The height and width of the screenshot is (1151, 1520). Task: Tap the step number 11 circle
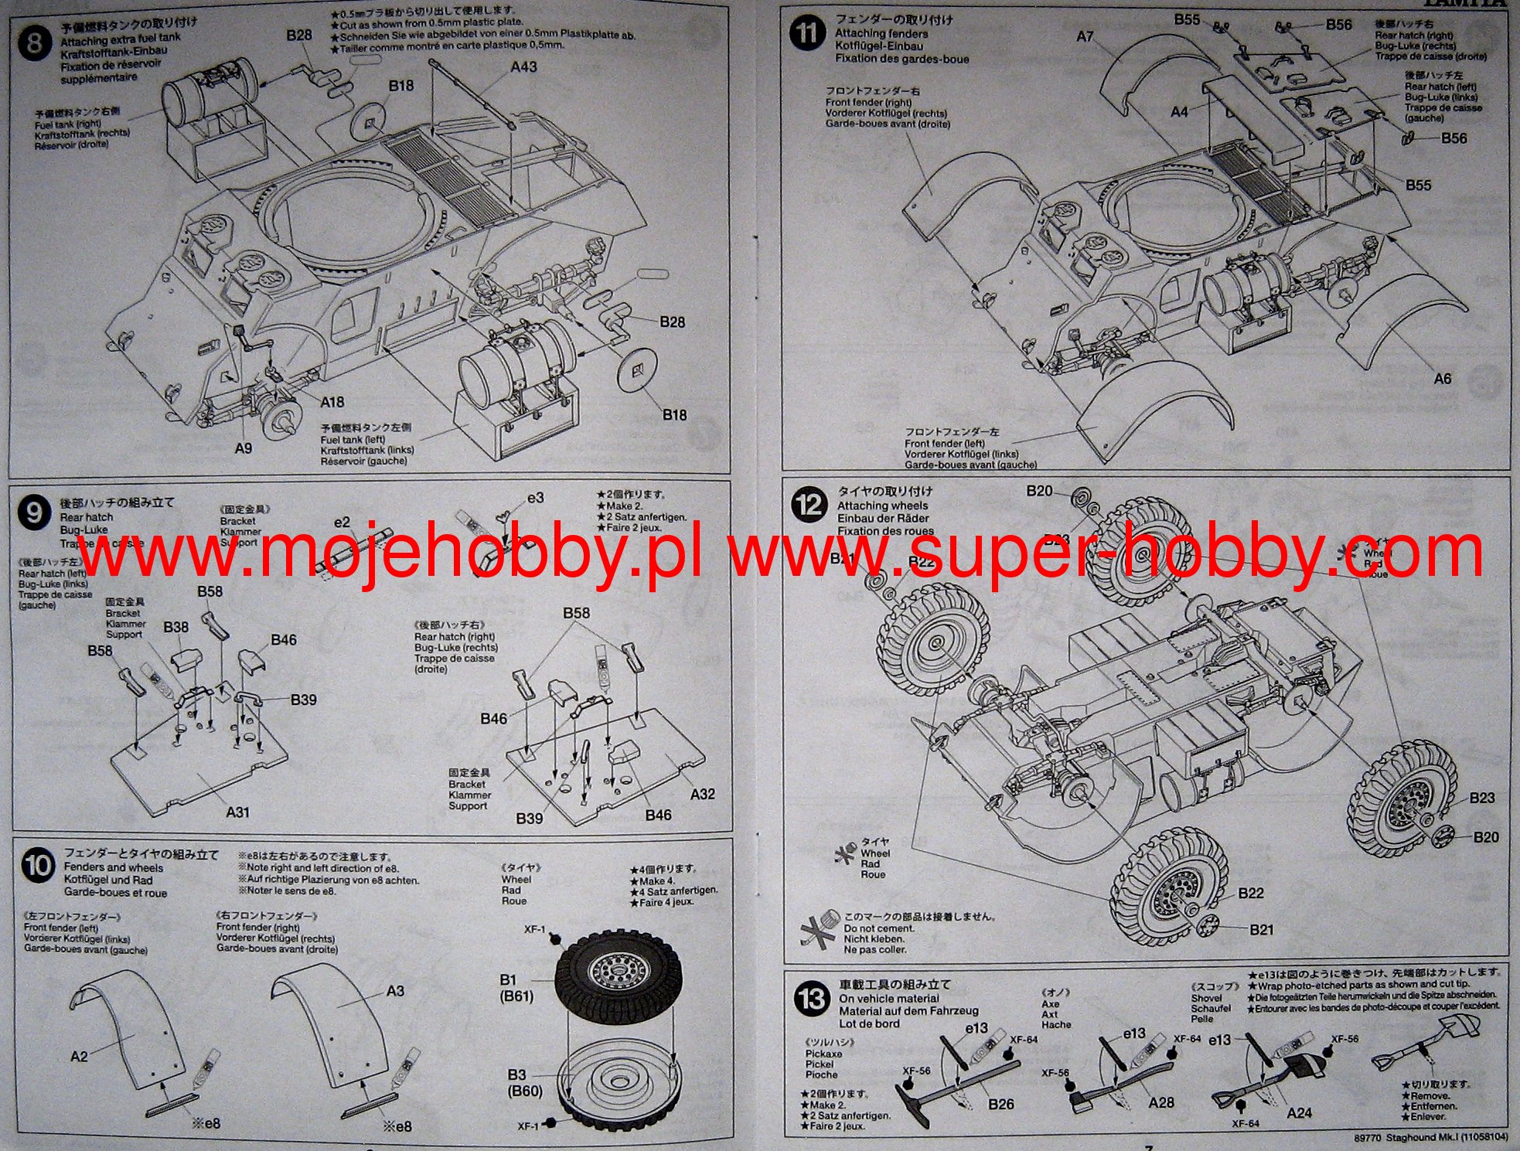click(808, 35)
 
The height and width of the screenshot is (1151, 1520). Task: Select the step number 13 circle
click(811, 999)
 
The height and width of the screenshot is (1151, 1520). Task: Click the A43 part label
click(523, 67)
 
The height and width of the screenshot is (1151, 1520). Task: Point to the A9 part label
click(243, 448)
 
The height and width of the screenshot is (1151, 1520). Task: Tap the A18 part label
click(332, 402)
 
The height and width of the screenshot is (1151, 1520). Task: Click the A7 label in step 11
click(1085, 36)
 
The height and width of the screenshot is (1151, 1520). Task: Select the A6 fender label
click(1443, 379)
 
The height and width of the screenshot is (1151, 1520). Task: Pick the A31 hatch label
click(237, 812)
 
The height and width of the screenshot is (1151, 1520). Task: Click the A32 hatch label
click(702, 794)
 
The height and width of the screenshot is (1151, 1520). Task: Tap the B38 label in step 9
click(176, 627)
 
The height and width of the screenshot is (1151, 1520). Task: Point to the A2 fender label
click(79, 1056)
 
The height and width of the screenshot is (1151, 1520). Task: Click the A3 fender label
click(395, 991)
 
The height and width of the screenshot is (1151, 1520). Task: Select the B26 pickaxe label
click(1000, 1104)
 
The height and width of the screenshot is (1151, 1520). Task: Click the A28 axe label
click(1161, 1102)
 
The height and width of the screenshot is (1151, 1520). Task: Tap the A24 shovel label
click(1299, 1112)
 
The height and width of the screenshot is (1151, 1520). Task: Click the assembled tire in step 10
click(618, 976)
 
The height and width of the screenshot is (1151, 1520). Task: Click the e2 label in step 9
click(342, 523)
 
